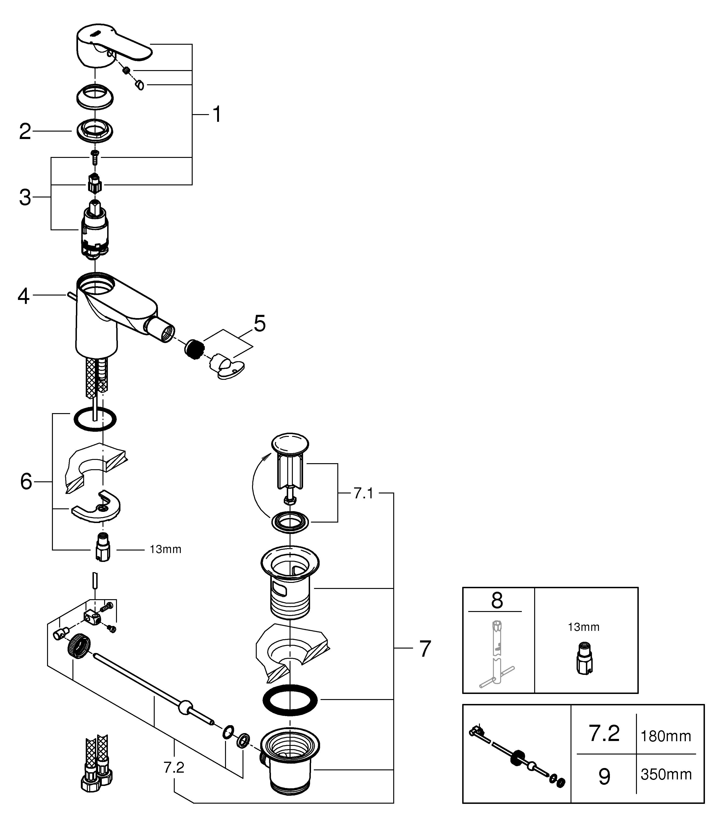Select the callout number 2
25,132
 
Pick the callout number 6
26,482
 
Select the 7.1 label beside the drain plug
364,493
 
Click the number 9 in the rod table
605,777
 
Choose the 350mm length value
666,775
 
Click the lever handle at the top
114,48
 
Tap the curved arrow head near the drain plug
265,458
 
